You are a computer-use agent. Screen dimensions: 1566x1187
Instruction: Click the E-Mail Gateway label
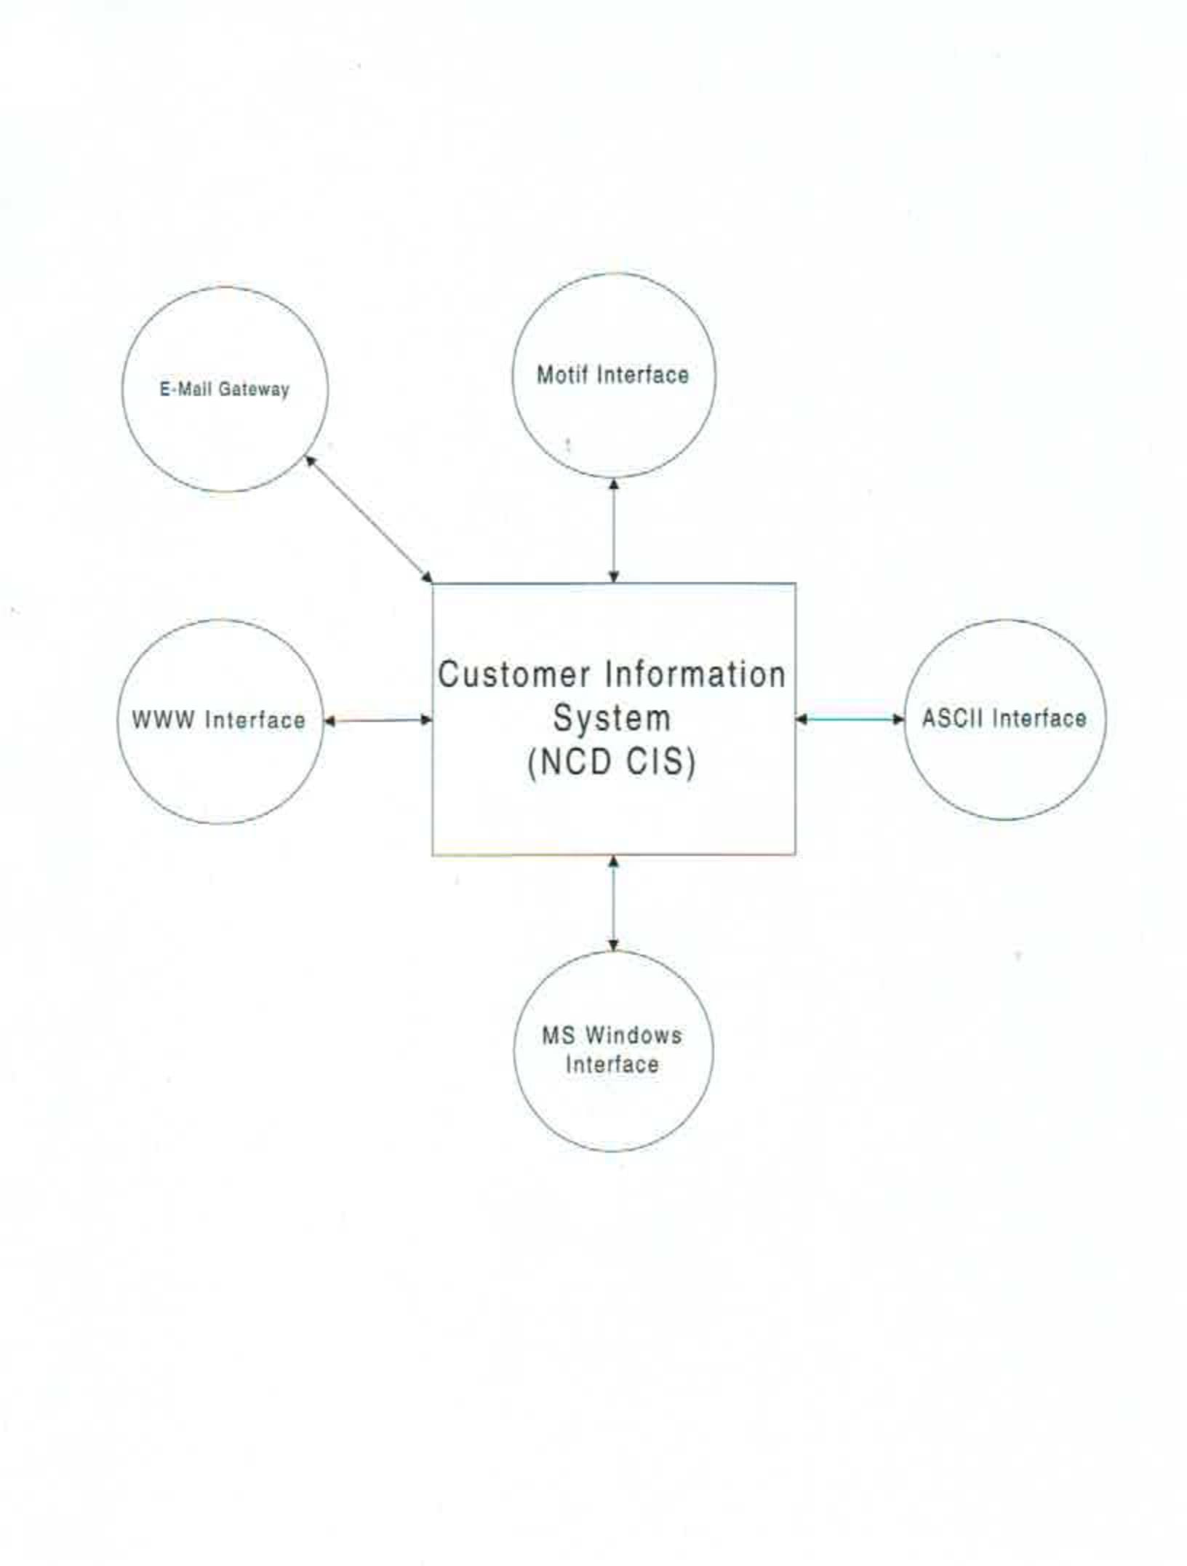(224, 389)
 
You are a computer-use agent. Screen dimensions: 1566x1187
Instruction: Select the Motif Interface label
(612, 375)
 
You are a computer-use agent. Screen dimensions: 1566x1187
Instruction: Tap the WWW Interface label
(218, 720)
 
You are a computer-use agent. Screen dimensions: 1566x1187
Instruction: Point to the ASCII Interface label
(1004, 718)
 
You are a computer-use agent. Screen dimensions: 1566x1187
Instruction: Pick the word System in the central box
(612, 718)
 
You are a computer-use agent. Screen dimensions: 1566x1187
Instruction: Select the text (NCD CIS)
(612, 762)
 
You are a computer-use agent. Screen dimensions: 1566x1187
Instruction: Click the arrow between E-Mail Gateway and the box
(368, 519)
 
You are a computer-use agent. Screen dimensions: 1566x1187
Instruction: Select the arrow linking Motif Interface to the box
(613, 530)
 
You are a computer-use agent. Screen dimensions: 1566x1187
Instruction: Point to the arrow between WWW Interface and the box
(377, 720)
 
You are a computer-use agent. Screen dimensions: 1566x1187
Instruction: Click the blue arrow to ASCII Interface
(850, 719)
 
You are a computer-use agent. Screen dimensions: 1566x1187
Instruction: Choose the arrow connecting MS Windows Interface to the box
(613, 903)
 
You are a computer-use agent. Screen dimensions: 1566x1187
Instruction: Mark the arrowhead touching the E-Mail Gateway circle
(309, 461)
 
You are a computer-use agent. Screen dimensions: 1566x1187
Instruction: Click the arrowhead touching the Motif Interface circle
(613, 484)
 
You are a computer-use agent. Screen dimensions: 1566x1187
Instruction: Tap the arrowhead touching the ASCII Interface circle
(898, 719)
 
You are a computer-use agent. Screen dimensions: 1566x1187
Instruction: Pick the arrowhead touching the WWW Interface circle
(329, 721)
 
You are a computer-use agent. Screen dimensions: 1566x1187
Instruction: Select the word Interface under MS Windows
(612, 1065)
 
